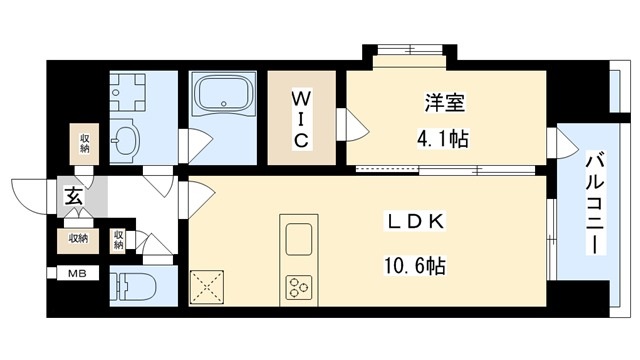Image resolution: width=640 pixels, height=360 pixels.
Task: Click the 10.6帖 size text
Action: point(412,265)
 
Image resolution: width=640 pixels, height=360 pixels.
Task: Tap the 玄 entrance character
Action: point(74,197)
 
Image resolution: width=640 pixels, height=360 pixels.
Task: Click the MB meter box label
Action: point(76,273)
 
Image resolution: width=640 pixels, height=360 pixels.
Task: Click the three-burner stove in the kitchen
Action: point(301,287)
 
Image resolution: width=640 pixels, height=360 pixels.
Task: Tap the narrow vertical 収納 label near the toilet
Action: point(118,239)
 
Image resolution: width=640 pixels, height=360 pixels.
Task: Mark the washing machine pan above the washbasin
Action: point(127,94)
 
